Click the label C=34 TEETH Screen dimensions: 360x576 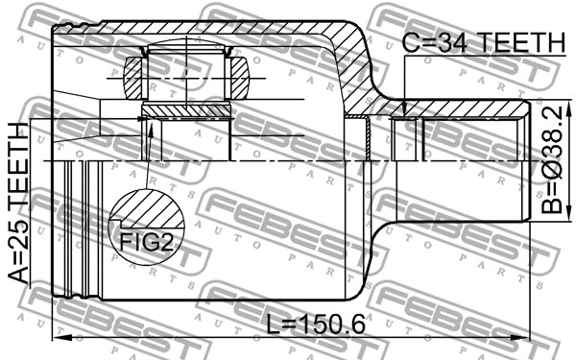point(484,42)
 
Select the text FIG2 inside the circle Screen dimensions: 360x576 point(147,241)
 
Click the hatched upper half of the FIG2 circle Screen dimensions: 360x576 point(147,209)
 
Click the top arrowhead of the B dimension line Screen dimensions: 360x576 point(535,104)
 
